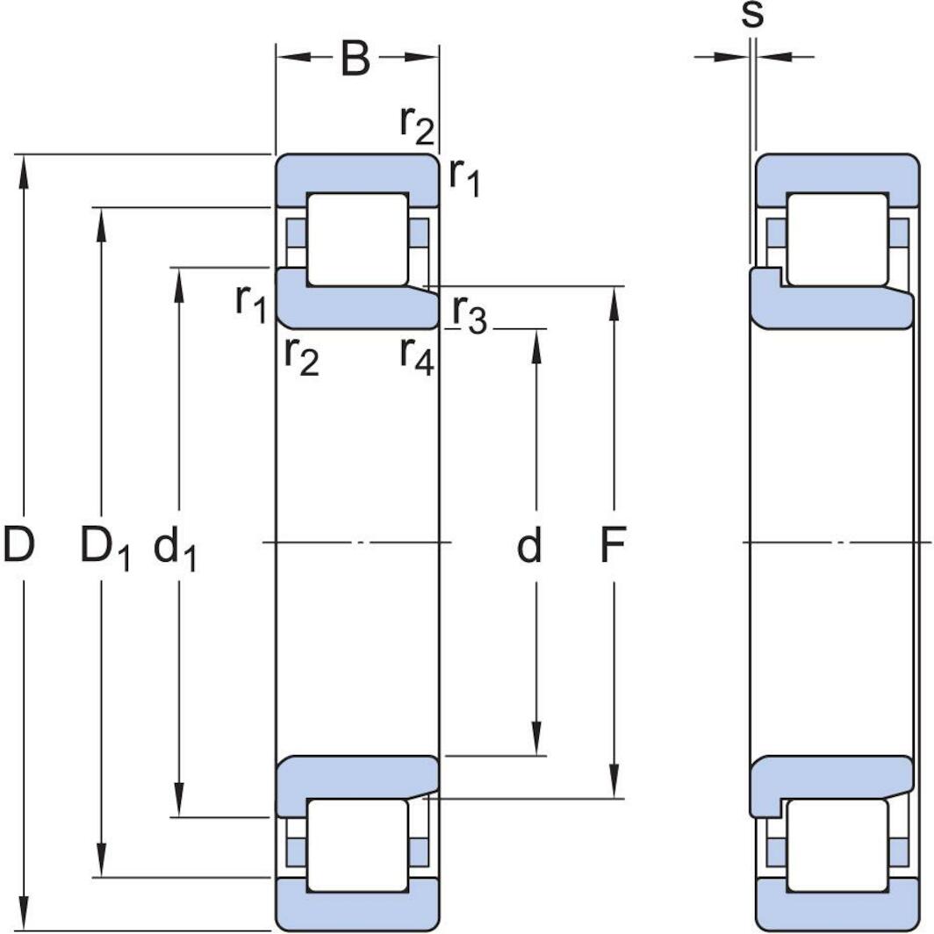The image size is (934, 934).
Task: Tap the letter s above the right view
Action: [x=752, y=16]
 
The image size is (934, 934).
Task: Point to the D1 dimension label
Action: [x=104, y=548]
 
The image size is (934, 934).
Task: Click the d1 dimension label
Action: [x=176, y=550]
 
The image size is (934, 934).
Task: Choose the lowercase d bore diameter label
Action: [x=528, y=546]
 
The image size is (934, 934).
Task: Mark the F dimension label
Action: [x=612, y=546]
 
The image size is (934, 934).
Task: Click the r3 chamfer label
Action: [x=469, y=313]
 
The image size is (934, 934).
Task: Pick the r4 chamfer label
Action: [x=416, y=355]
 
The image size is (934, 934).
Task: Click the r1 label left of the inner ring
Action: [x=251, y=301]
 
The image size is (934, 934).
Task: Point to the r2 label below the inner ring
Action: [x=301, y=356]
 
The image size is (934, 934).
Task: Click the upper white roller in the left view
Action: [x=356, y=239]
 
